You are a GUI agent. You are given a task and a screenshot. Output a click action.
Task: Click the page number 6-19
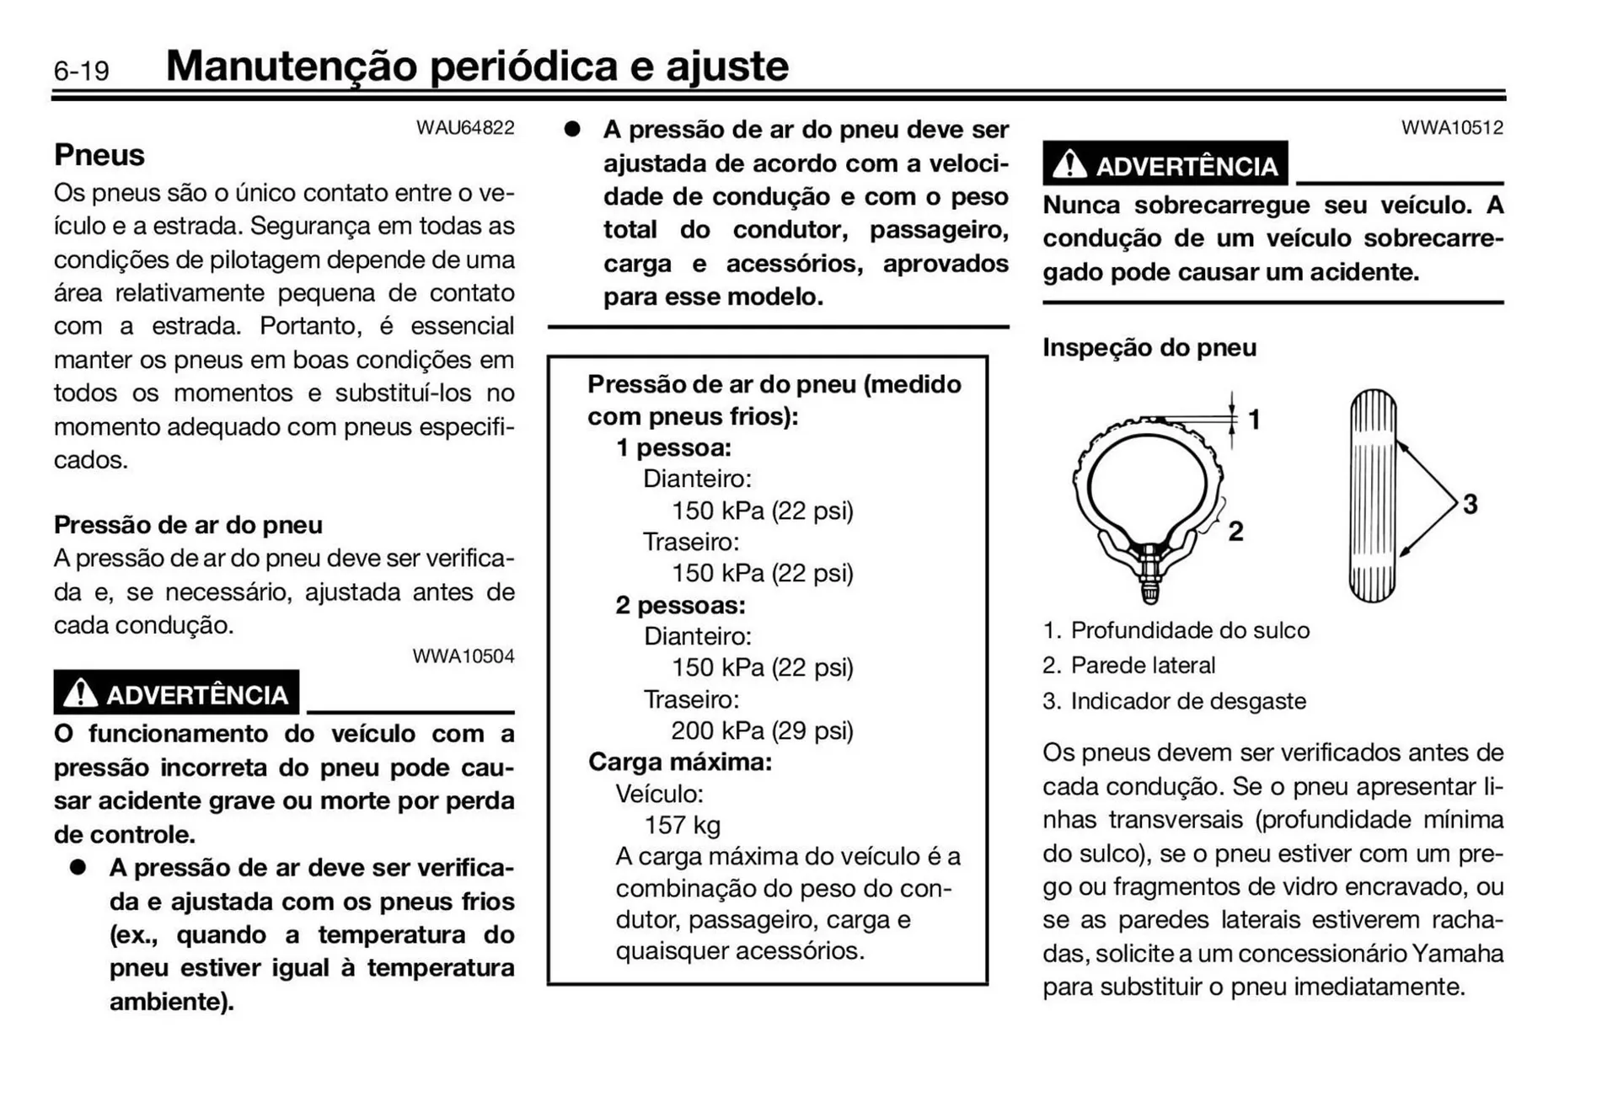(81, 71)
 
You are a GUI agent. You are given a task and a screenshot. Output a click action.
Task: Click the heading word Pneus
(99, 155)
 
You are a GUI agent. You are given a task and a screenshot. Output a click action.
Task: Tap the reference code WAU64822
(465, 128)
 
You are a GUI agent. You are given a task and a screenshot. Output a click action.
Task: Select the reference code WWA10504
(463, 656)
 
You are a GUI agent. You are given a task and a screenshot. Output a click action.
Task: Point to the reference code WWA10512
(1452, 128)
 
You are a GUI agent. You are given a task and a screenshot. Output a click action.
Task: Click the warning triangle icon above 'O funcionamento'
(81, 693)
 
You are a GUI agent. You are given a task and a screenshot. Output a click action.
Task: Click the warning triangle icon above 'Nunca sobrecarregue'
(1069, 164)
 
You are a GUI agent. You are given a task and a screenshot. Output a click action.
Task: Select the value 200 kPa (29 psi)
(762, 730)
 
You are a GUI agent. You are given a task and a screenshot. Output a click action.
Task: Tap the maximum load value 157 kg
(682, 825)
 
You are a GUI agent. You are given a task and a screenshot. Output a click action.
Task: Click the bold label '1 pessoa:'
(673, 447)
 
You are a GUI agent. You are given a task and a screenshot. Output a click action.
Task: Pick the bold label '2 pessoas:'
(680, 605)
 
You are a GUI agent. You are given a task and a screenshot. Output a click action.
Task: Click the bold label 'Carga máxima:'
(679, 762)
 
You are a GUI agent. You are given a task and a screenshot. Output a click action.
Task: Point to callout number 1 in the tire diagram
(1254, 419)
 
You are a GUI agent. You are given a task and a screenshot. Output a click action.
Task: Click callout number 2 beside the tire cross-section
(1235, 531)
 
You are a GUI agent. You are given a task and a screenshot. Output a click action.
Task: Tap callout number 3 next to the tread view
(1470, 504)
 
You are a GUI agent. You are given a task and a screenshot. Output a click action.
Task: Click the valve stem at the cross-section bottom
(1150, 581)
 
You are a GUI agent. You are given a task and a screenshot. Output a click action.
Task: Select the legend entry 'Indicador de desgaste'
(1187, 701)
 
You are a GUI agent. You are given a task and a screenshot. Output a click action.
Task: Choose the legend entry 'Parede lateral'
(1142, 666)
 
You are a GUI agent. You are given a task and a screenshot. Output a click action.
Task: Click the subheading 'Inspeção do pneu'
(1149, 347)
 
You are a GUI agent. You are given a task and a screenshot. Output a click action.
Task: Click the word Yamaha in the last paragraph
(1457, 953)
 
